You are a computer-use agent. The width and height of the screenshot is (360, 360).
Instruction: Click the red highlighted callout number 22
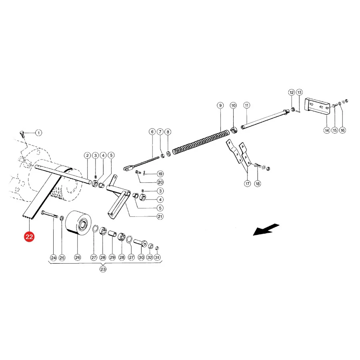pos(29,236)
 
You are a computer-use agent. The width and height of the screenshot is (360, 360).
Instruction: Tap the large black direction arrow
pos(266,229)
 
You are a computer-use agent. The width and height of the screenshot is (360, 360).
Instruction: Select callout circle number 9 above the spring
pos(220,105)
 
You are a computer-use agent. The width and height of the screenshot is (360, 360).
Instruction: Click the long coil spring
pos(201,142)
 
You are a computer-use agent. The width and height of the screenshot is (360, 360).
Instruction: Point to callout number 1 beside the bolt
pos(38,133)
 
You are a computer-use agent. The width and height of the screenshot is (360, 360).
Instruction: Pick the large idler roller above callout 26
pos(78,223)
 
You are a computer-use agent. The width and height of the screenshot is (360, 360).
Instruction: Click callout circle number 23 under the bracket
pos(103,269)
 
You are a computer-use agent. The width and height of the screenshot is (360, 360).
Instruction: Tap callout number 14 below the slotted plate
pos(327,130)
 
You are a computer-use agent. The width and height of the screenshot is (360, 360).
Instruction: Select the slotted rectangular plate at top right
pos(317,107)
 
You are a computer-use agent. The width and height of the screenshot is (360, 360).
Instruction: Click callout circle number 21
pos(160,216)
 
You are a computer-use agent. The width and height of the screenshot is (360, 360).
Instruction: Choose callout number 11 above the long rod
pos(246,105)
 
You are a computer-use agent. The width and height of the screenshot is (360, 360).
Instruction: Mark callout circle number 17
pos(247,184)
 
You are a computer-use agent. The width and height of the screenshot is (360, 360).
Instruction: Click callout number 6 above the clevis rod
pos(152,132)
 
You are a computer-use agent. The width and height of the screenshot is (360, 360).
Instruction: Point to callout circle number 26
pos(78,257)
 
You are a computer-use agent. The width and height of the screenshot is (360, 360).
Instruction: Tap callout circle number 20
pos(160,182)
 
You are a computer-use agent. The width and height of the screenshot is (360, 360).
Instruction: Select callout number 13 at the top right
pos(299,92)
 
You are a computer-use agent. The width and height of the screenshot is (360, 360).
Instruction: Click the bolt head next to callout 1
pos(22,133)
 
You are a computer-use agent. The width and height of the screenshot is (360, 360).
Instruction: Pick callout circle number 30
pos(141,257)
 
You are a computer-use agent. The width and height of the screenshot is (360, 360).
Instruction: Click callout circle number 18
pos(258,184)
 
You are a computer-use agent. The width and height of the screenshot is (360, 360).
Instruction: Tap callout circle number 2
pos(87,156)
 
